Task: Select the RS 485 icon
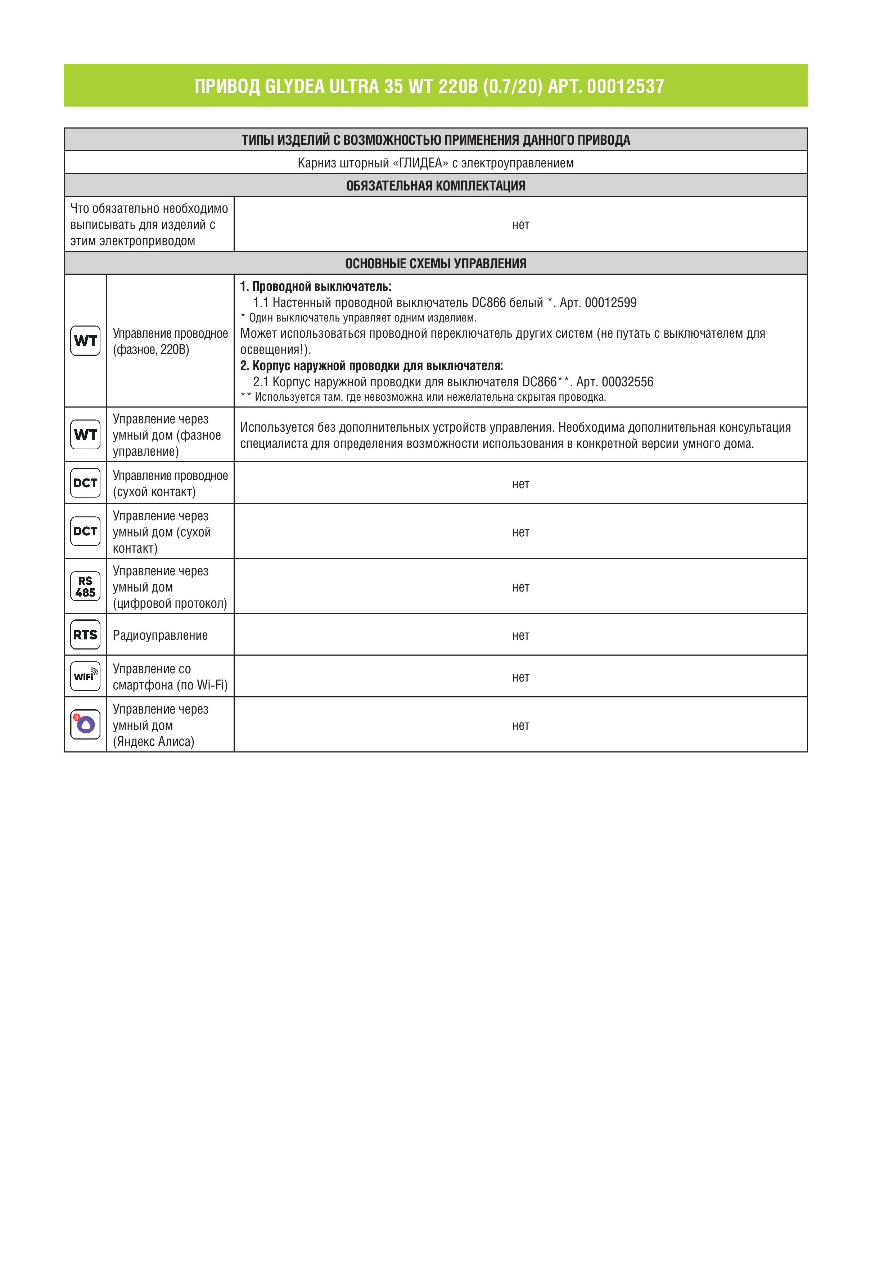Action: point(85,586)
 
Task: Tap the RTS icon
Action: point(85,635)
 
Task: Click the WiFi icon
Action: point(85,676)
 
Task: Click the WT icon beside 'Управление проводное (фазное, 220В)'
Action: point(85,341)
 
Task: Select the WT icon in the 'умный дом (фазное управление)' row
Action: point(85,435)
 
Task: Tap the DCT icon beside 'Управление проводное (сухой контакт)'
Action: point(85,482)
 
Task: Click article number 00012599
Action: point(610,302)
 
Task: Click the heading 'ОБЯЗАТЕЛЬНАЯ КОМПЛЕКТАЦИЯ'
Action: point(436,185)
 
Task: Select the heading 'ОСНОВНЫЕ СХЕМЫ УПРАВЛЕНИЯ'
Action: point(436,264)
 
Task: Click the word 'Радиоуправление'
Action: point(160,635)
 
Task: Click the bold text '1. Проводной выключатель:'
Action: point(316,287)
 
